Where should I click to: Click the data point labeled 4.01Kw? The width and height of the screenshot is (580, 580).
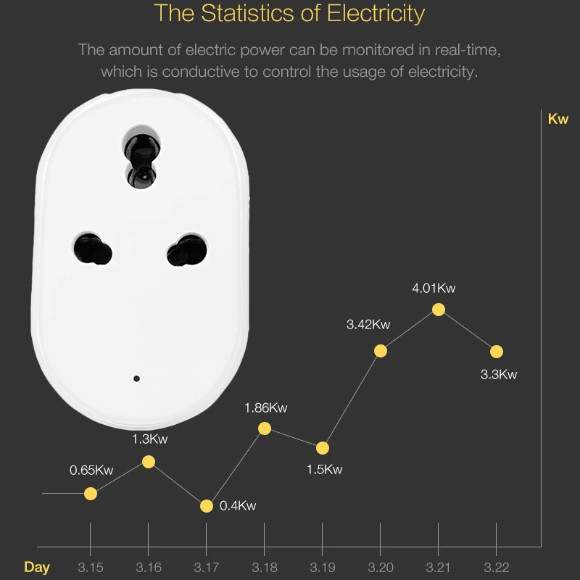pos(438,310)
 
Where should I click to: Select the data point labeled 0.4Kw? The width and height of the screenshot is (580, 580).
pos(207,506)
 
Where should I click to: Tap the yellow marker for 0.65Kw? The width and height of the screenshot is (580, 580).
pos(91,494)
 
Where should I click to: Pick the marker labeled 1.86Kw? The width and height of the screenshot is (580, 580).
pos(265,428)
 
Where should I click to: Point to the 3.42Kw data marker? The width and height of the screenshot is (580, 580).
pos(381,351)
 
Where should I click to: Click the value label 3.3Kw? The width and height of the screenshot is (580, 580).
pos(499,375)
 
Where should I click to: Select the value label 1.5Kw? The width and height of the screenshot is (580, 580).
pos(324,469)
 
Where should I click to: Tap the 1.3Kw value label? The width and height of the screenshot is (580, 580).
pos(150,439)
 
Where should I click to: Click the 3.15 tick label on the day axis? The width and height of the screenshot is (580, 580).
pos(91,567)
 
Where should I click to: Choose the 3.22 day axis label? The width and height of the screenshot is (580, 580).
pos(496,567)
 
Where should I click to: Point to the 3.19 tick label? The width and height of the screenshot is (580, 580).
pos(323,567)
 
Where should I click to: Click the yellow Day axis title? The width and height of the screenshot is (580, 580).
pos(37,567)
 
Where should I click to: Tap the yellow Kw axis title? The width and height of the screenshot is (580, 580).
pos(558,119)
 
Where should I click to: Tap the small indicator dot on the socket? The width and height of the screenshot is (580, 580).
pos(136,378)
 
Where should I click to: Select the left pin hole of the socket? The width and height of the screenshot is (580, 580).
pos(92,249)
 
